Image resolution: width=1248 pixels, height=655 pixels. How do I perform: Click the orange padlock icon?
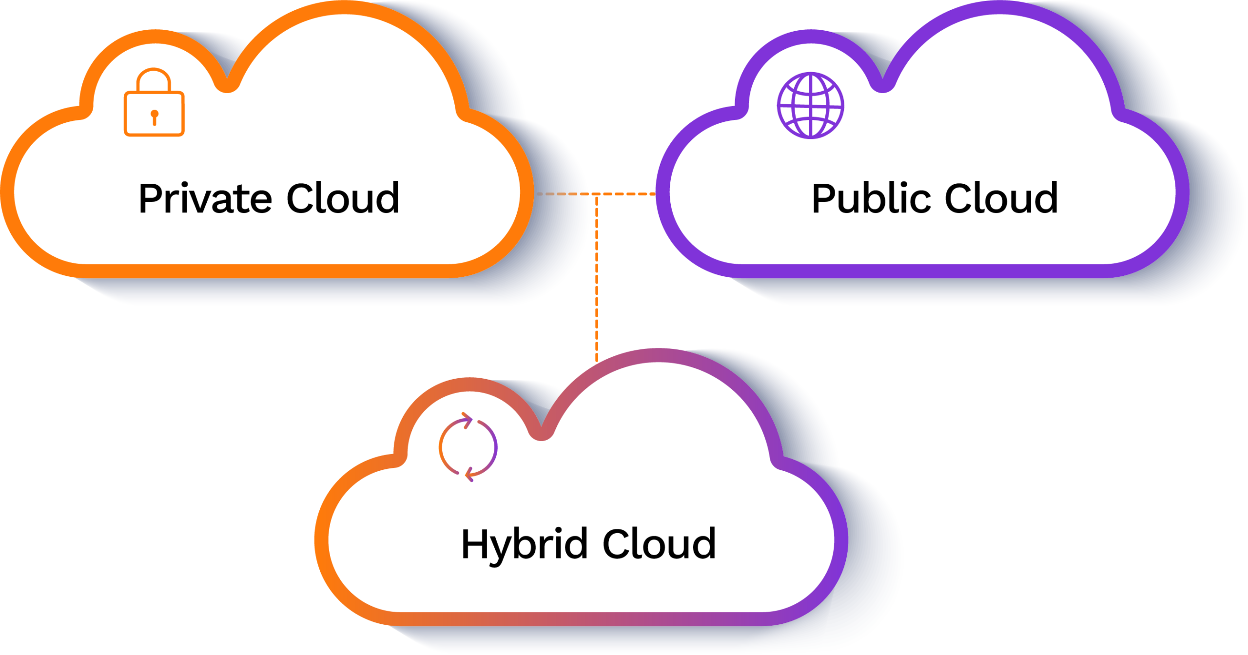pos(154,103)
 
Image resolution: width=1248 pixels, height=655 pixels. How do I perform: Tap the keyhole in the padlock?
pos(155,117)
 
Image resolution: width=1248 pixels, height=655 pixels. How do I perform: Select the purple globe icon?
pos(810,105)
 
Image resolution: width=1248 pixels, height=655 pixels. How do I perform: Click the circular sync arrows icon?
pos(468,447)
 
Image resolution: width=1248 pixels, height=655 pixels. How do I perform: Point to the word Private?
pos(205,198)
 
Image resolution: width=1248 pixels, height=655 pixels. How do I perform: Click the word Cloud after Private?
pos(343,198)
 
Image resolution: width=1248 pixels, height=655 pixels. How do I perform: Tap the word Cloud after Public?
pos(1001,198)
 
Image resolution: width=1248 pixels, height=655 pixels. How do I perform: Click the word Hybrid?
pos(524,545)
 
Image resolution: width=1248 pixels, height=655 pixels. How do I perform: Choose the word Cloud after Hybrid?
pos(659,544)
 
